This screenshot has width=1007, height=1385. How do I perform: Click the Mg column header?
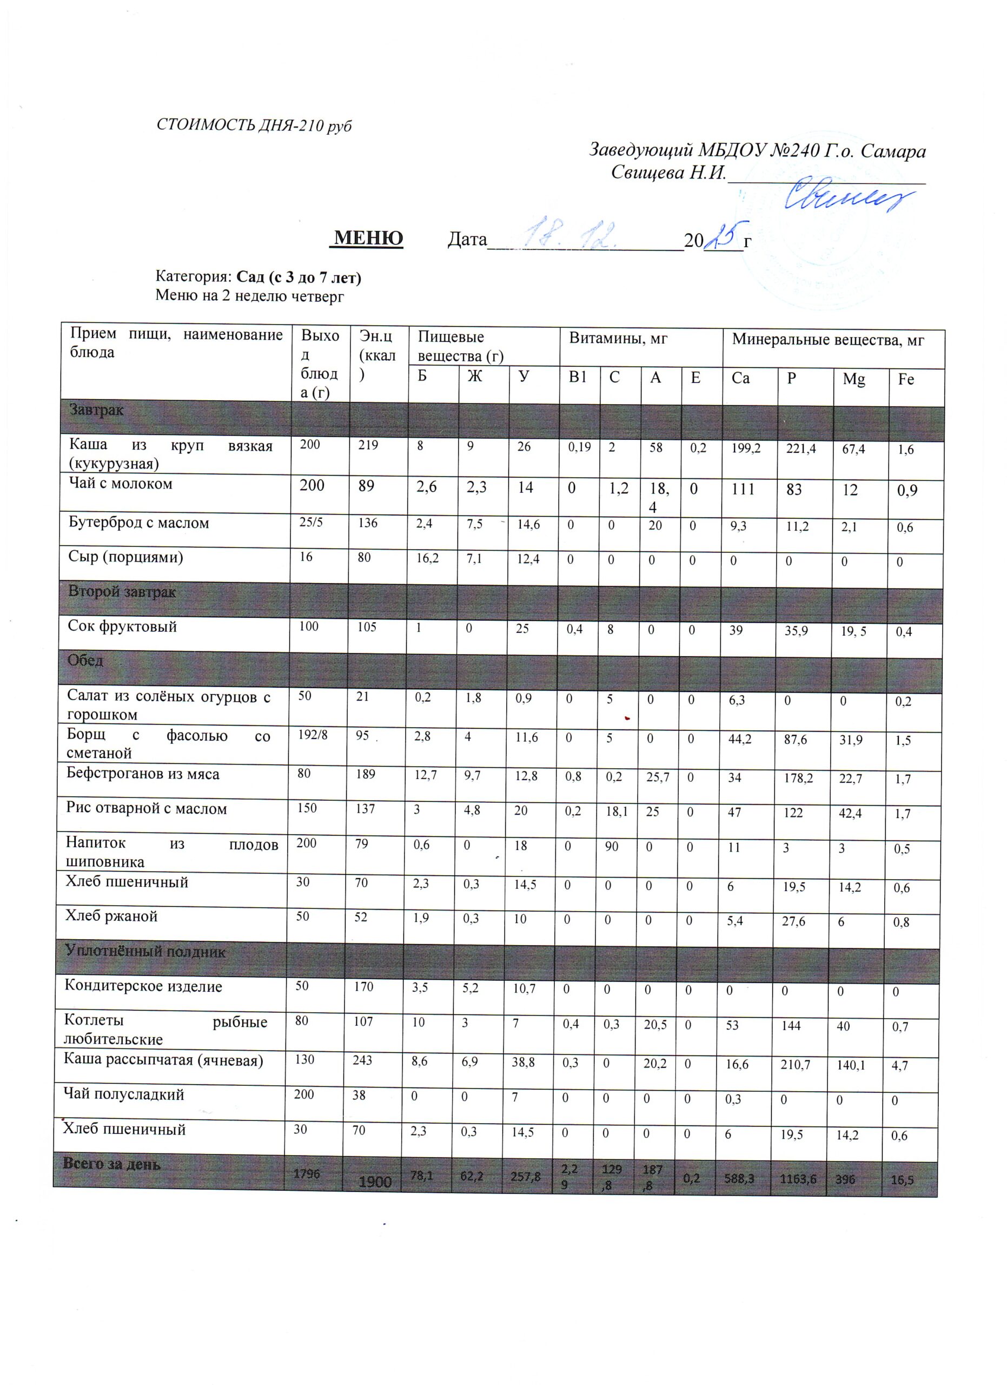point(854,379)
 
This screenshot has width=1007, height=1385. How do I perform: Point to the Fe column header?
point(906,379)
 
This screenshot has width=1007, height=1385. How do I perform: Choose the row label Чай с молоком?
point(121,484)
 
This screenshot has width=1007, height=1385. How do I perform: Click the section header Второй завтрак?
point(122,592)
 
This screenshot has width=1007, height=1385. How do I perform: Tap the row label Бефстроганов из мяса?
point(143,774)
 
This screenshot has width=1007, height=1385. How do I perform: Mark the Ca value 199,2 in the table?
point(746,449)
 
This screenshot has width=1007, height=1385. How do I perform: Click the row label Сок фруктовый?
point(122,626)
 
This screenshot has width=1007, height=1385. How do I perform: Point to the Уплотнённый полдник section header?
point(145,952)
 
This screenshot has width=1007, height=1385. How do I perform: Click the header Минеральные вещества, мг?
point(827,340)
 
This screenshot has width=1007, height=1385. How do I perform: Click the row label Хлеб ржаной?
point(112,916)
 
